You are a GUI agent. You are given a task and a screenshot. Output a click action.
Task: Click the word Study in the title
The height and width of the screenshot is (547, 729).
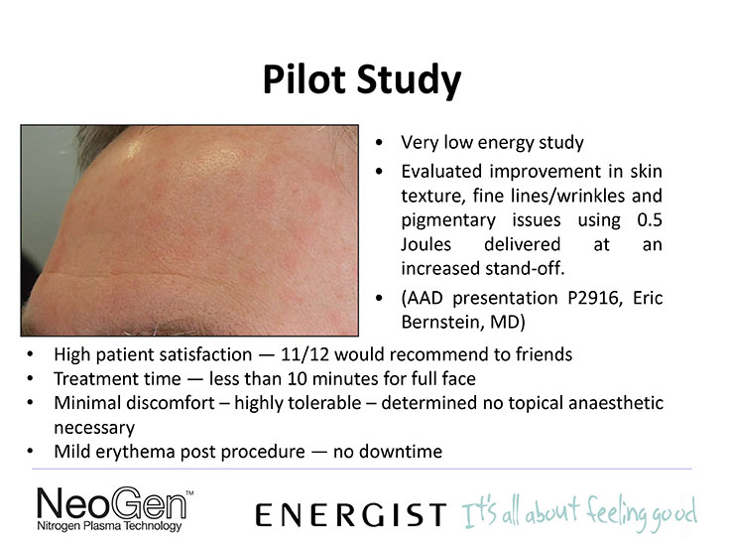pyautogui.click(x=409, y=82)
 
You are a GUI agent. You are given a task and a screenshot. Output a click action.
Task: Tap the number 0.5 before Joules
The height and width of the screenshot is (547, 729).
pyautogui.click(x=650, y=219)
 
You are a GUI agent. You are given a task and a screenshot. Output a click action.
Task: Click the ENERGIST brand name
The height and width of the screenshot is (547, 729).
pyautogui.click(x=351, y=515)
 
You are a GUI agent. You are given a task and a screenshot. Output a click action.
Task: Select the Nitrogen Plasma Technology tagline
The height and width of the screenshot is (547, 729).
pyautogui.click(x=109, y=526)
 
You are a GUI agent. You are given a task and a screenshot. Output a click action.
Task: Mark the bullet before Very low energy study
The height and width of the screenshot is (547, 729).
pyautogui.click(x=379, y=143)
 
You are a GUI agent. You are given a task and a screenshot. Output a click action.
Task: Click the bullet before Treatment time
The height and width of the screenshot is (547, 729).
pyautogui.click(x=30, y=379)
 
